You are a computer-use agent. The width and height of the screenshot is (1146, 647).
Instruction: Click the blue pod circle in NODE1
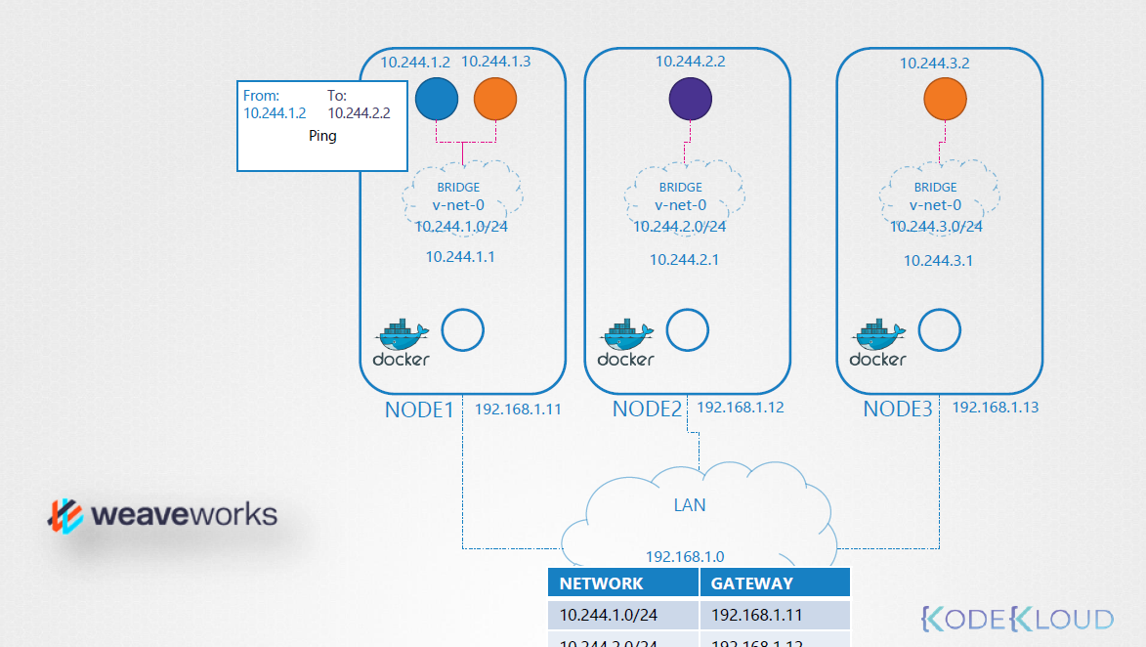point(437,99)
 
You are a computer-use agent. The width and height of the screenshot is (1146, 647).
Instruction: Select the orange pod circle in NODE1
point(495,99)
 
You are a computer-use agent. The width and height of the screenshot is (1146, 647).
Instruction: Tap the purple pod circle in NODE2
point(691,99)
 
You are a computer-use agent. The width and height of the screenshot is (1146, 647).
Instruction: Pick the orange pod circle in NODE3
point(945,99)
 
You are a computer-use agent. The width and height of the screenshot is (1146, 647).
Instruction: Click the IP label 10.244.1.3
point(495,62)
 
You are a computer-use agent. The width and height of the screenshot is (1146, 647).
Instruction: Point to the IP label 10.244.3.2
point(934,64)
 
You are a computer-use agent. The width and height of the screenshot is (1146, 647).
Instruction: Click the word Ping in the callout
point(322,136)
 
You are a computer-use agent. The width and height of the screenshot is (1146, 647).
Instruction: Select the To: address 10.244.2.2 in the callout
point(359,113)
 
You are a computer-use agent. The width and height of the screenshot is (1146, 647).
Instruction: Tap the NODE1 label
point(420,410)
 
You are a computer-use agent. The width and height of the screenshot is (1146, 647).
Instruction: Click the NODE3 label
point(898,410)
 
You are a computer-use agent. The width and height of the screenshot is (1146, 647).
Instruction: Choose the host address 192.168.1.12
point(740,408)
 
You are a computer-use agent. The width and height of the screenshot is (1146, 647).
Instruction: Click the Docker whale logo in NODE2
point(625,336)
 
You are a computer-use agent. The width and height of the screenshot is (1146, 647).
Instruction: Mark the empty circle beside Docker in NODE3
point(940,330)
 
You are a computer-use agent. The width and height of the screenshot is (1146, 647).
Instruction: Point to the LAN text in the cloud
point(690,505)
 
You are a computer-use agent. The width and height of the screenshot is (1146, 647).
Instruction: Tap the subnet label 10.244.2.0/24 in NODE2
point(680,227)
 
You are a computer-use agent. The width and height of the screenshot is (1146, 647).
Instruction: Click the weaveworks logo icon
point(66,515)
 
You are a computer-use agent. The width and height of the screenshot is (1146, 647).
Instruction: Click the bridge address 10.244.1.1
point(460,257)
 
